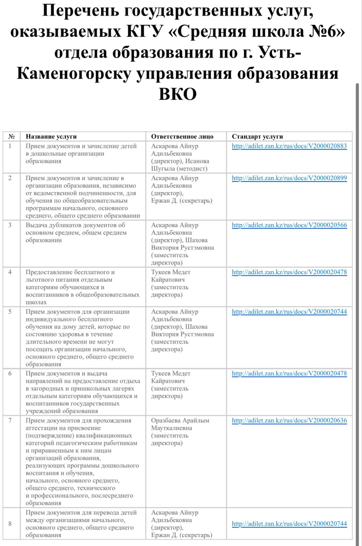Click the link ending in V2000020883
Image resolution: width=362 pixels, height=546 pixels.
tap(289, 146)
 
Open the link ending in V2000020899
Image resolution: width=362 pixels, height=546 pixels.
tap(289, 178)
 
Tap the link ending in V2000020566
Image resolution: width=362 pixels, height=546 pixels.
tap(289, 225)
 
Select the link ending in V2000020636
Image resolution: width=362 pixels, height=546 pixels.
tap(289, 421)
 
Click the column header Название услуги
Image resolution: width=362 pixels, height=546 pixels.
tap(51, 137)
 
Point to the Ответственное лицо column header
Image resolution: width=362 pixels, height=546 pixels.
tap(182, 137)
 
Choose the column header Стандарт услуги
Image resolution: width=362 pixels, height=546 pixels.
tap(257, 137)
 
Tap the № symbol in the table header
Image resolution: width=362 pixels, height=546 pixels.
tap(11, 137)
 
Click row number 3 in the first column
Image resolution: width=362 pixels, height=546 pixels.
tap(10, 225)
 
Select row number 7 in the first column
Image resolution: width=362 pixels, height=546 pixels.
tap(10, 421)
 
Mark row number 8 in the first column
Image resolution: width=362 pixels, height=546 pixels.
tap(10, 524)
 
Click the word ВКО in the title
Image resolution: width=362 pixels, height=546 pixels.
tap(178, 94)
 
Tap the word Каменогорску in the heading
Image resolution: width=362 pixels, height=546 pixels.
tap(74, 73)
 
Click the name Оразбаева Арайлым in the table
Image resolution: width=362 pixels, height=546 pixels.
tap(180, 421)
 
